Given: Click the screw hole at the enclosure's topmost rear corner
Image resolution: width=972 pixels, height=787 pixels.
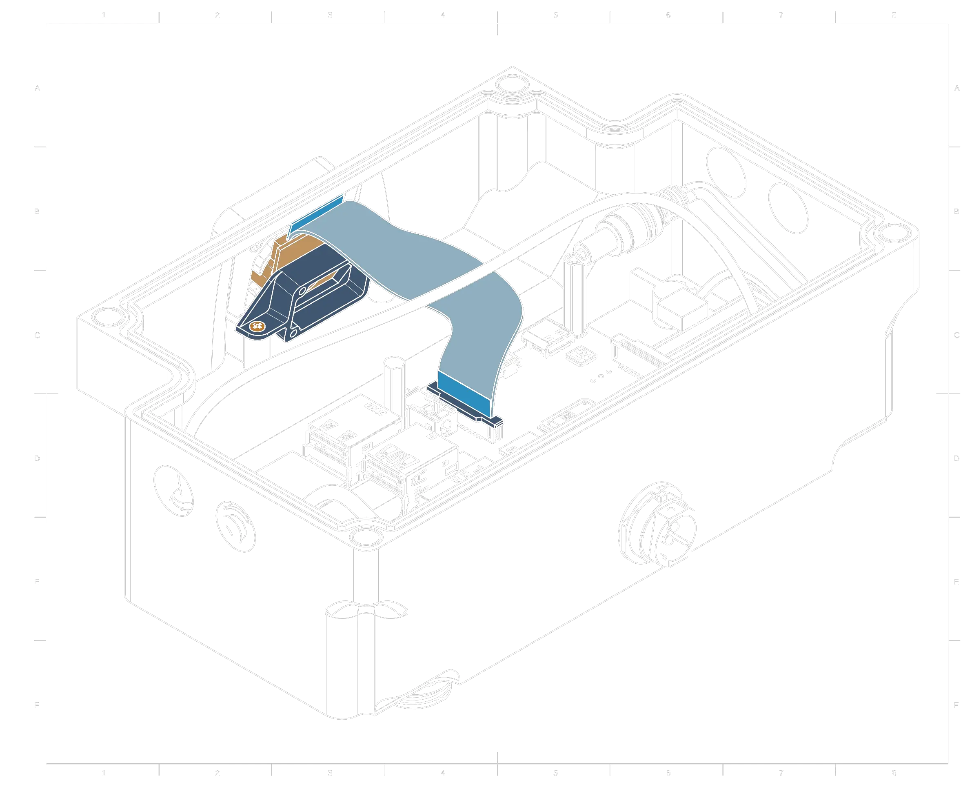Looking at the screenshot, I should pos(511,84).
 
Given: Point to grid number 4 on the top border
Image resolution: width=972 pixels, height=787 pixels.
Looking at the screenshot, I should pos(443,16).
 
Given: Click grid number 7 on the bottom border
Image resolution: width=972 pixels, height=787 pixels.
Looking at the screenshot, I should pos(781,772).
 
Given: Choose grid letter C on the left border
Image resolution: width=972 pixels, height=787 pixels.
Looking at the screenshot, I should pos(37,336).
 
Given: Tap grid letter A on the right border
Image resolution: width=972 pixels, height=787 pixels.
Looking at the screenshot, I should pos(956,89).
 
